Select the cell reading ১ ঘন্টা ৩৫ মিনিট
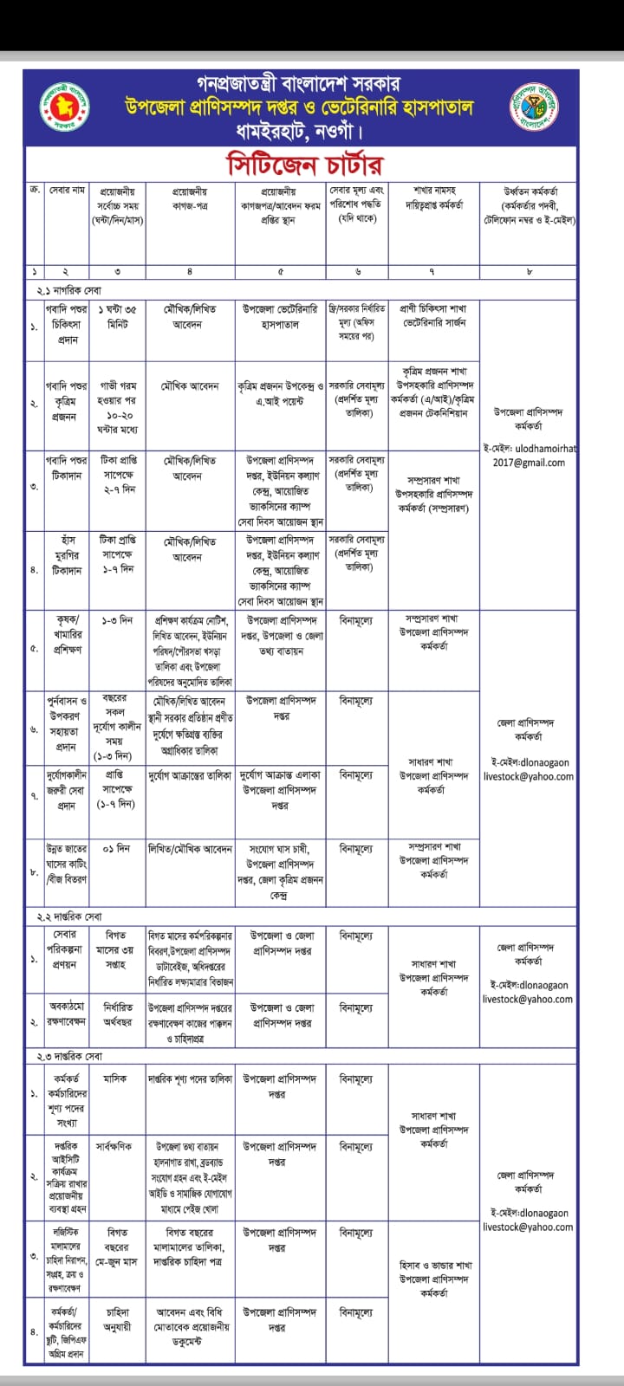(116, 316)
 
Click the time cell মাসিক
(115, 1079)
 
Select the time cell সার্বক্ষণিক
(115, 1146)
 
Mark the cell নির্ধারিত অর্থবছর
(116, 1014)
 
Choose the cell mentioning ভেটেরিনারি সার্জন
(433, 316)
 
